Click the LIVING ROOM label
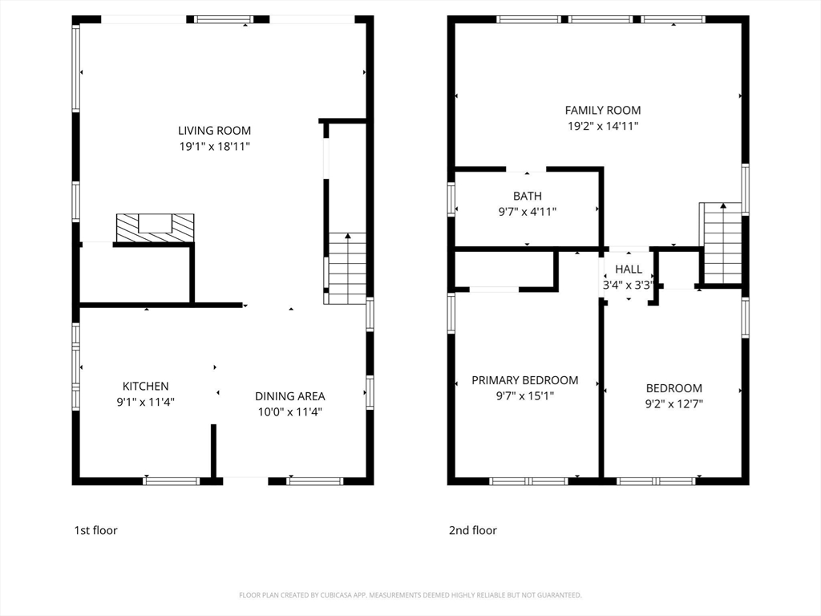point(214,131)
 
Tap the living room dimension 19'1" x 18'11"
point(214,147)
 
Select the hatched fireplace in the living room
point(155,227)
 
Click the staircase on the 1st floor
point(347,268)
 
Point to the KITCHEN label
point(145,386)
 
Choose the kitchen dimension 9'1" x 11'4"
point(145,402)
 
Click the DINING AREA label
point(289,396)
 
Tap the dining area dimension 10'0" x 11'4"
point(289,412)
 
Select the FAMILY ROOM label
point(603,110)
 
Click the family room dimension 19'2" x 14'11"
point(603,126)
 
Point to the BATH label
point(527,196)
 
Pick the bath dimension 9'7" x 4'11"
point(527,212)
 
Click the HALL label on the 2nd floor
point(629,269)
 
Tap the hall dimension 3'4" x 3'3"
point(628,285)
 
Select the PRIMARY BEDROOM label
point(524,380)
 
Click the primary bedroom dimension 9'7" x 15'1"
point(524,396)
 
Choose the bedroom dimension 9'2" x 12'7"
point(673,404)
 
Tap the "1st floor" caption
point(95,530)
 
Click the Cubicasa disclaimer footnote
point(410,595)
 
